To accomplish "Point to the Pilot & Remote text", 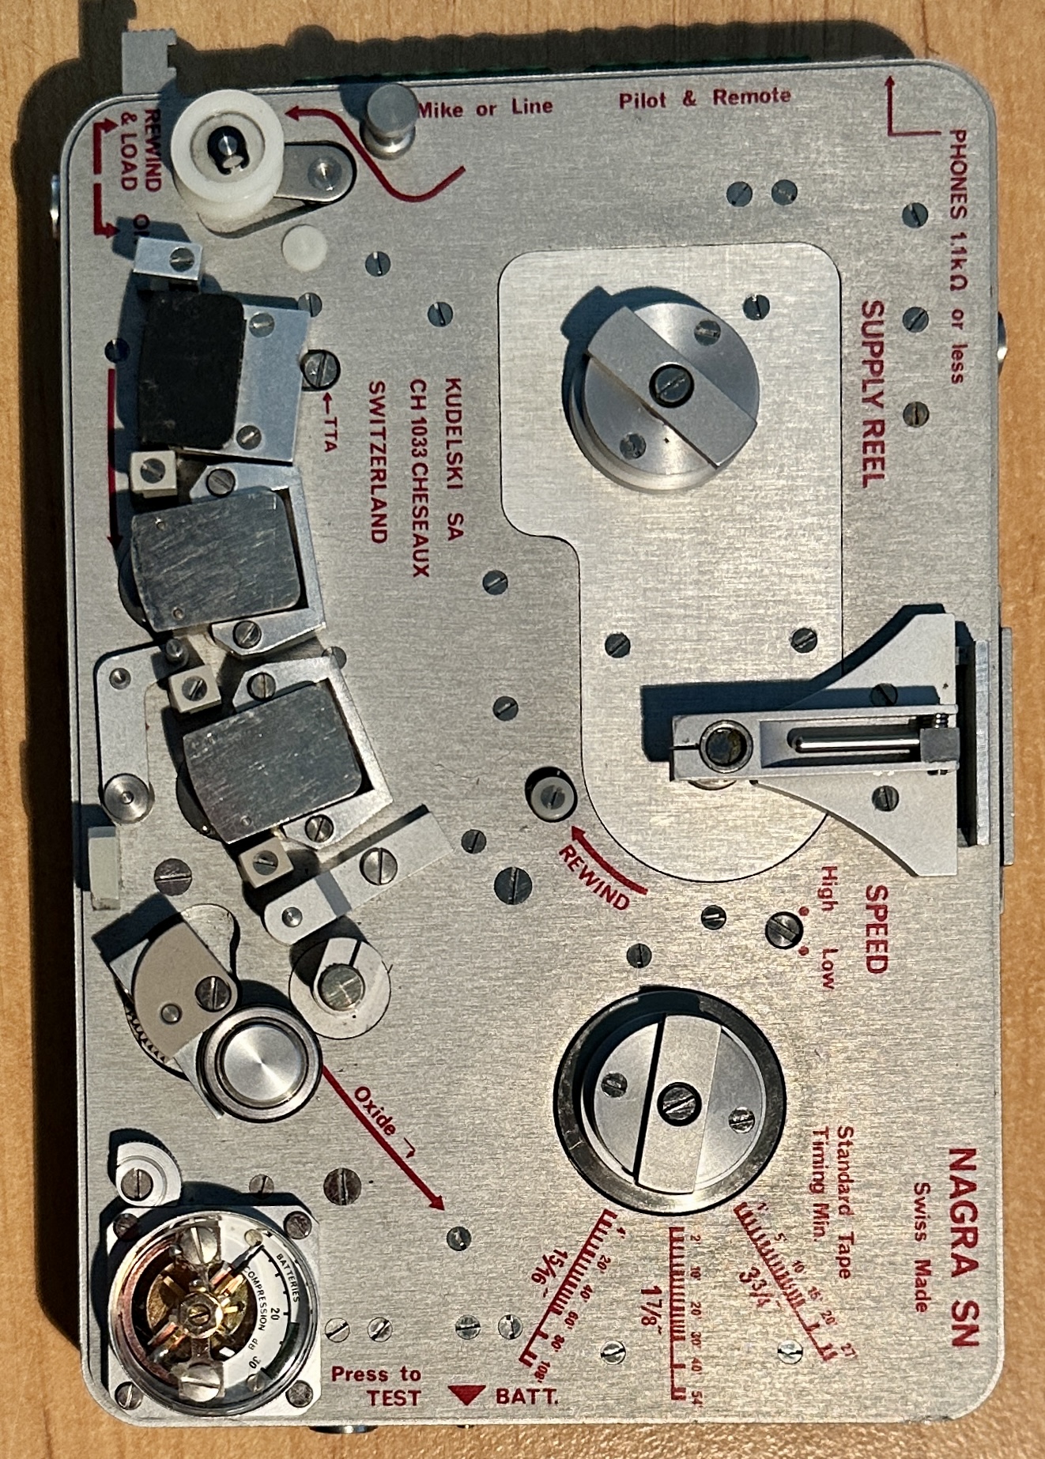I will pyautogui.click(x=704, y=99).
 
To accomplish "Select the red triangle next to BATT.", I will pyautogui.click(x=466, y=1395).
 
